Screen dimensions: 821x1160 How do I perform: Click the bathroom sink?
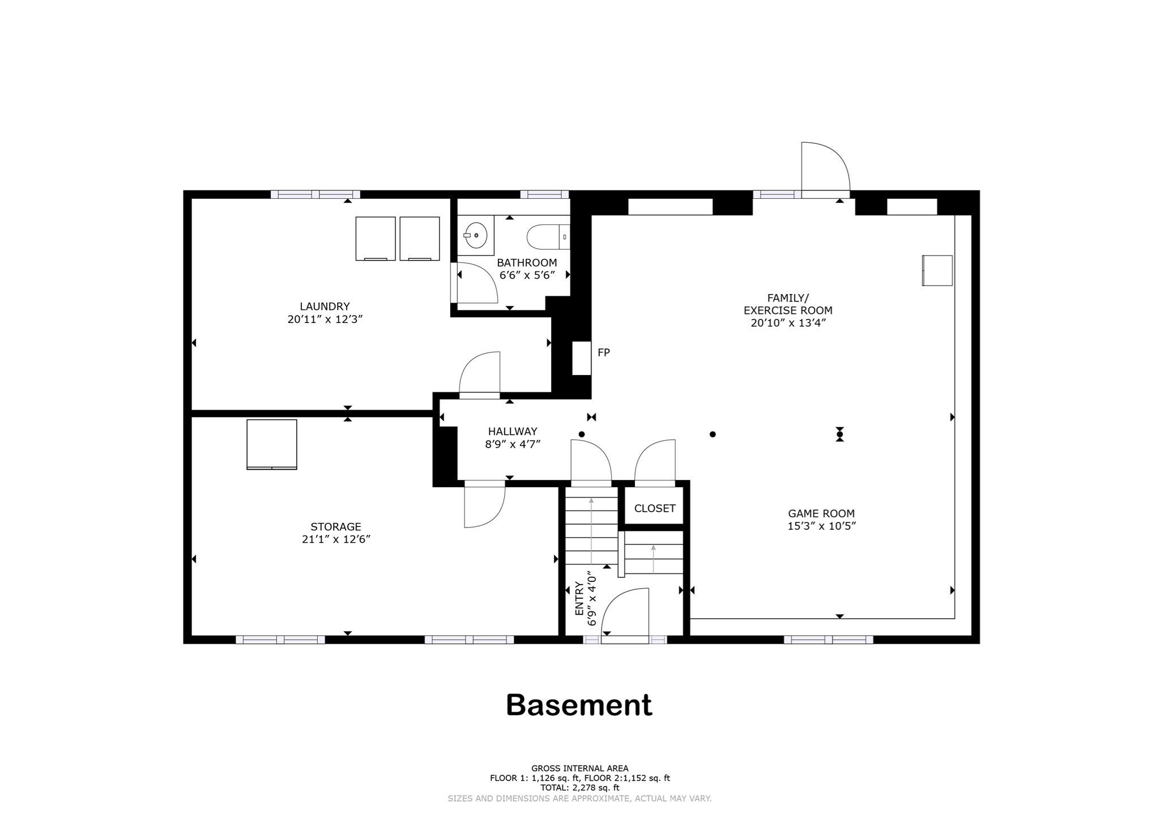pos(476,235)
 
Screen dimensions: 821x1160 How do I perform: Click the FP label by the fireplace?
pos(604,352)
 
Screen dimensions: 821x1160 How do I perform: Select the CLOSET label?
pos(654,508)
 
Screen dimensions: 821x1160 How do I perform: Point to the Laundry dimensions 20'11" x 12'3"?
pos(325,319)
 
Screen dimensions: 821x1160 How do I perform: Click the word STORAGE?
pos(335,526)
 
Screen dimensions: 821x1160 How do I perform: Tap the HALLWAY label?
pos(513,431)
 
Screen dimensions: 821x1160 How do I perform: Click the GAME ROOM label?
pos(821,513)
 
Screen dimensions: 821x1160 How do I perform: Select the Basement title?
pos(579,705)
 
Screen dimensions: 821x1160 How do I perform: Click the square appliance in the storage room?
pos(272,444)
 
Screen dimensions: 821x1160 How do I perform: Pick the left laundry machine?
pos(375,239)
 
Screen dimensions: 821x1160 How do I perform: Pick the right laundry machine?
pos(420,239)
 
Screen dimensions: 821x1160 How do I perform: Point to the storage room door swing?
pos(484,506)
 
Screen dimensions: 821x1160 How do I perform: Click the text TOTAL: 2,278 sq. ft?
pos(579,788)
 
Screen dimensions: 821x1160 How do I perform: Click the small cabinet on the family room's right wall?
pos(937,270)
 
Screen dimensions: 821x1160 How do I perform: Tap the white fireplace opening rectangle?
pos(581,358)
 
